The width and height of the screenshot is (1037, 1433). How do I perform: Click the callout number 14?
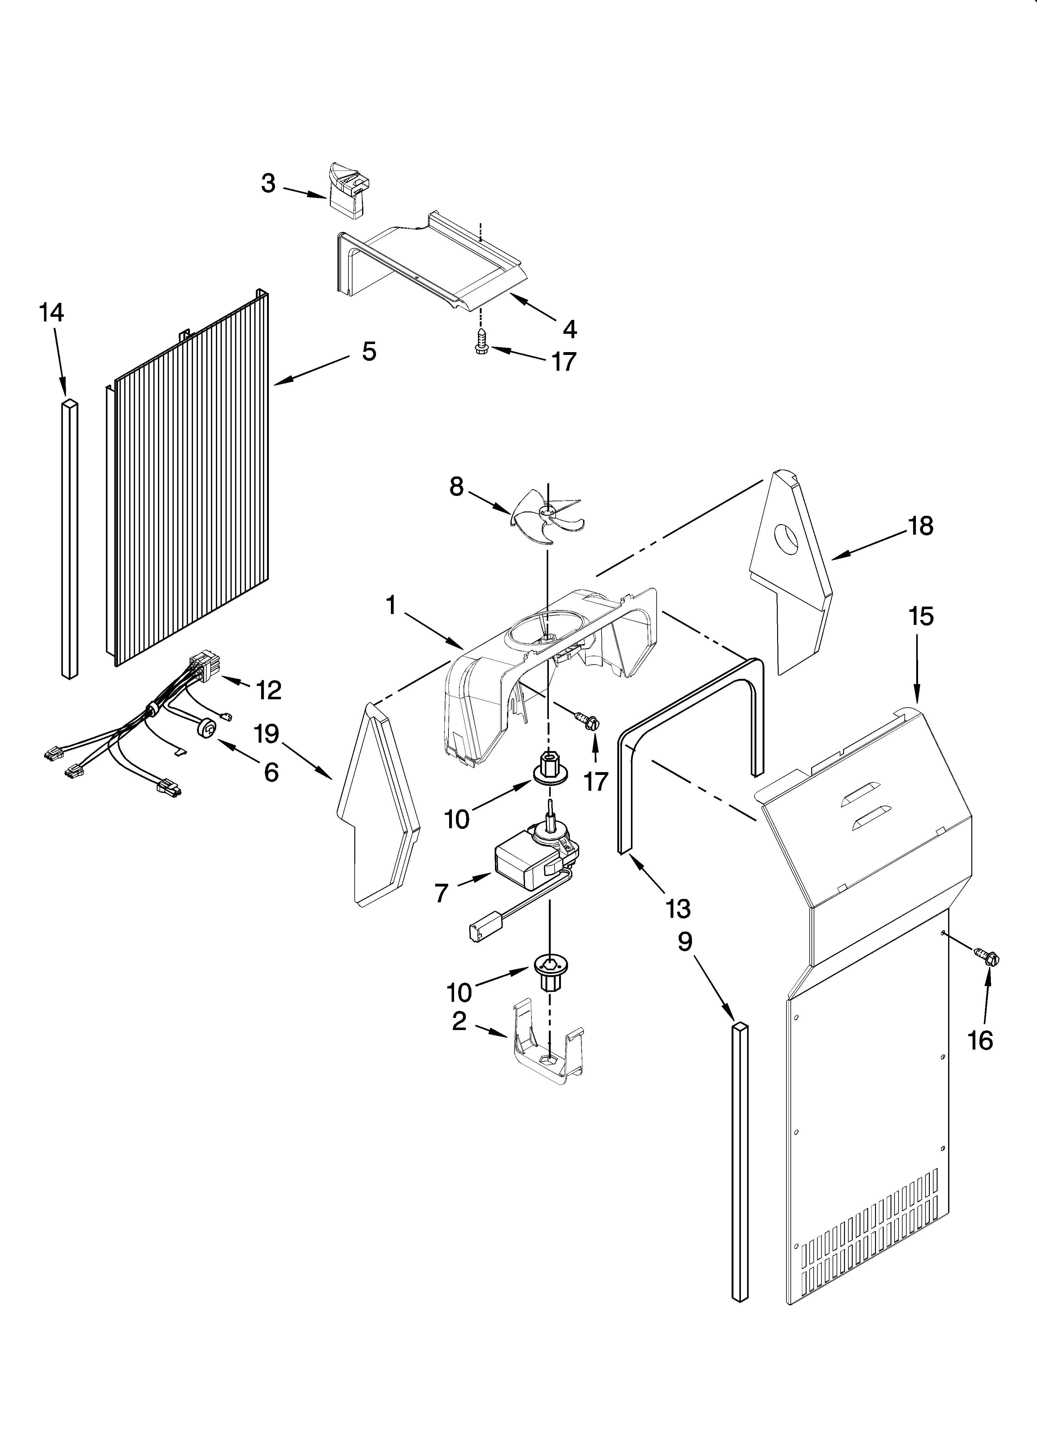(52, 313)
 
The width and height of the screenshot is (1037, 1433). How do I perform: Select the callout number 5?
(370, 351)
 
